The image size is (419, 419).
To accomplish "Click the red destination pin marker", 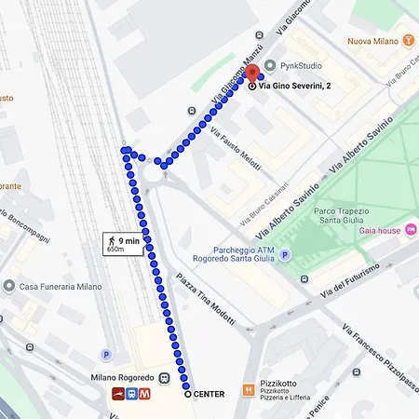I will (251, 74).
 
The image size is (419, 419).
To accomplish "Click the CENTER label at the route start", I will (209, 394).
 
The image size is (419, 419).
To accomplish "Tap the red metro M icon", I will (146, 394).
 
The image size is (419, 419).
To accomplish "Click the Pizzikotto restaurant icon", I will (249, 389).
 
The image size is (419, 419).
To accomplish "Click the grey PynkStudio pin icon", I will (269, 65).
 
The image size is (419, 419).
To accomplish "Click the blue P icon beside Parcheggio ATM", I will (286, 254).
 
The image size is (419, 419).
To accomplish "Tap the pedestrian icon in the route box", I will (111, 242).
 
